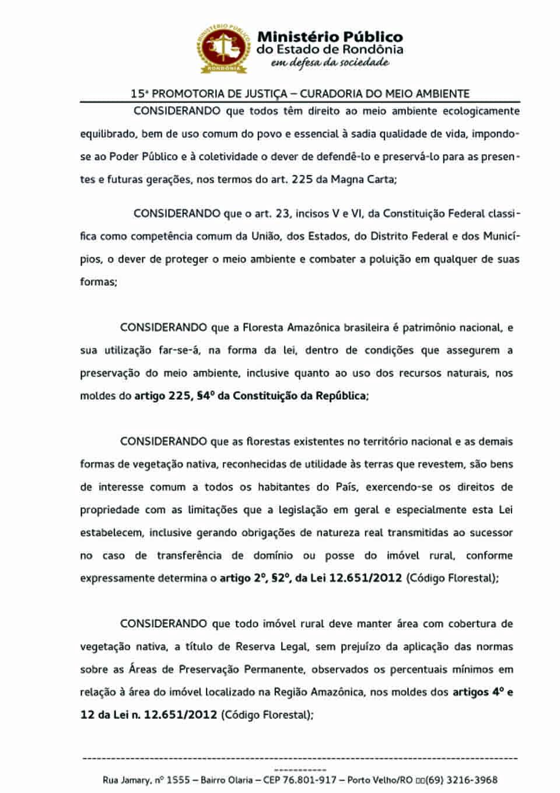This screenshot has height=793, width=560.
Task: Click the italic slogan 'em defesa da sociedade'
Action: pos(330,62)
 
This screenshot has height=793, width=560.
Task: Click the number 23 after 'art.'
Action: pos(282,214)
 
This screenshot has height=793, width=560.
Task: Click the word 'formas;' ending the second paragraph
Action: pos(99,282)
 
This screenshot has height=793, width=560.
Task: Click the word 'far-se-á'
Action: pos(180,350)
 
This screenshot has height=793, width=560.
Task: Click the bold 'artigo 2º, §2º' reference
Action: pos(256,578)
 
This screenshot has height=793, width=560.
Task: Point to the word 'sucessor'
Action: pos(493,533)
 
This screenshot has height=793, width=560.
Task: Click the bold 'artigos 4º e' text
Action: pos(482,692)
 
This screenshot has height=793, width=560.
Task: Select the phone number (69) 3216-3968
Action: pos(461,780)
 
